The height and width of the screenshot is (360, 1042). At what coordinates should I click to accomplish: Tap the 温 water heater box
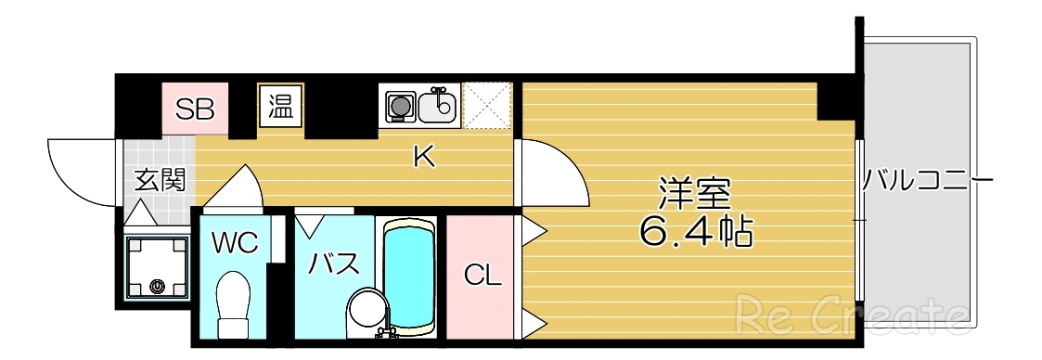(281, 106)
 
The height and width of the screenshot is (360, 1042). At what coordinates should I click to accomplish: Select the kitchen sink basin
(437, 107)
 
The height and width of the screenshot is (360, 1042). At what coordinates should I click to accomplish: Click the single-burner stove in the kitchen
(400, 106)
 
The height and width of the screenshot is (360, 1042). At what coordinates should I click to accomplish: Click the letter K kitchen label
(423, 158)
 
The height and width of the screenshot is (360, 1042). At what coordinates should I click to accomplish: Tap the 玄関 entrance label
(159, 179)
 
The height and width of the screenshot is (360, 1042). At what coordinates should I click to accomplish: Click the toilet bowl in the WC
(232, 302)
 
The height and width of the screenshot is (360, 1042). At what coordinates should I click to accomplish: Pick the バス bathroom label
(333, 264)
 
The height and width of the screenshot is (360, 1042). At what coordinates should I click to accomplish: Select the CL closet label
(482, 276)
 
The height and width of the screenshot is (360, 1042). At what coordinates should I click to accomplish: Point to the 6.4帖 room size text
(695, 232)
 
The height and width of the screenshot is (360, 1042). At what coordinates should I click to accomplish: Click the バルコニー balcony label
(927, 179)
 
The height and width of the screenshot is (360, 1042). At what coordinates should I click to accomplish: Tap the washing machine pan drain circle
(157, 287)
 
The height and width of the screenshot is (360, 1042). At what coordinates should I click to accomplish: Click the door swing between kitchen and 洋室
(552, 173)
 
